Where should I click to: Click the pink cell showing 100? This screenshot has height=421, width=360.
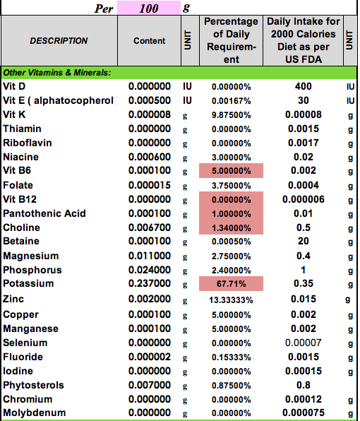click(149, 8)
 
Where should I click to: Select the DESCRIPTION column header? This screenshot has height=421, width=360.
click(59, 40)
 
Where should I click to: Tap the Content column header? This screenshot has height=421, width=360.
click(149, 40)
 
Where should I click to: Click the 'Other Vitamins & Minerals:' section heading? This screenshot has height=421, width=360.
click(57, 73)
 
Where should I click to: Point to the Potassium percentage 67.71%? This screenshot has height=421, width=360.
click(231, 283)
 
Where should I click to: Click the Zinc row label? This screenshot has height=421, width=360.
click(13, 299)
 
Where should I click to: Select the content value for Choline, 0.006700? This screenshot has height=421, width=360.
click(150, 227)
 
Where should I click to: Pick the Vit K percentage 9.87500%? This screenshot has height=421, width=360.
click(232, 115)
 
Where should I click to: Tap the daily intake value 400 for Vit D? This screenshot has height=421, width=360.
click(303, 86)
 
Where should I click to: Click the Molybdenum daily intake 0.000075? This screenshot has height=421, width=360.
click(303, 413)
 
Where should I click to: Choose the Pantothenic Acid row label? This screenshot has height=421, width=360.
click(44, 213)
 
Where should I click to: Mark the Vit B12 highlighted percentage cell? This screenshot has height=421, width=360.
click(231, 199)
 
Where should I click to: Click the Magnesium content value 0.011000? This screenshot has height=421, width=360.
click(150, 256)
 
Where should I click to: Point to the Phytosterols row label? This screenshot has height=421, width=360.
click(33, 385)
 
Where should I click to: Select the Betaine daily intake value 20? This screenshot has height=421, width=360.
click(303, 241)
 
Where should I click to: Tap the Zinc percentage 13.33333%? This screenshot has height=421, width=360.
click(231, 300)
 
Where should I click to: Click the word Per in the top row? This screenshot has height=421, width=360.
click(104, 8)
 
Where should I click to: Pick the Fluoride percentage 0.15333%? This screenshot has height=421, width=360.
click(232, 357)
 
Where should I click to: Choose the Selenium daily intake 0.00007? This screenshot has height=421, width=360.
click(303, 343)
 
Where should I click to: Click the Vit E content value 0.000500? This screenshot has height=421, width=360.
click(150, 100)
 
